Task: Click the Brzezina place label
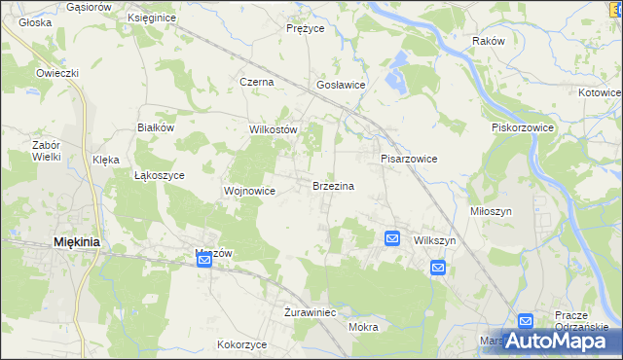pos(333,186)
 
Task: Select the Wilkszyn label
pos(435,240)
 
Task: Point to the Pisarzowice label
pos(408,159)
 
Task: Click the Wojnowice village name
pos(250,191)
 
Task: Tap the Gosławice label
pos(341,85)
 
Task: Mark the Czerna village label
pos(257,83)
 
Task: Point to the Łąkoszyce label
pos(159,175)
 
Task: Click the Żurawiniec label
pos(310,313)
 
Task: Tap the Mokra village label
pos(362,327)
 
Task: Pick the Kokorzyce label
pos(242,344)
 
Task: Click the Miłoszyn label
pos(518,210)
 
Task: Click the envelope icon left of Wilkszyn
pos(391,238)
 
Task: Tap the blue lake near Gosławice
pos(396,74)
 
